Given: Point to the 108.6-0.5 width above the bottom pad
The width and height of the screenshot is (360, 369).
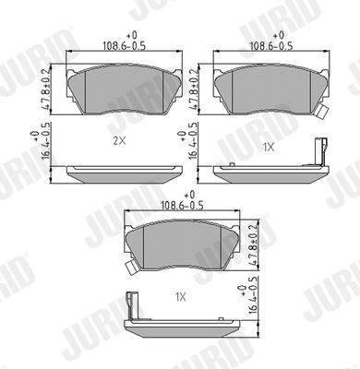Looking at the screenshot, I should pos(183,206).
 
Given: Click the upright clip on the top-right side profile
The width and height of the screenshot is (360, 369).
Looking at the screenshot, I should pos(320,150).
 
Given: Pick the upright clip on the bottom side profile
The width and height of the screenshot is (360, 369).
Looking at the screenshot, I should pos(133,303).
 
